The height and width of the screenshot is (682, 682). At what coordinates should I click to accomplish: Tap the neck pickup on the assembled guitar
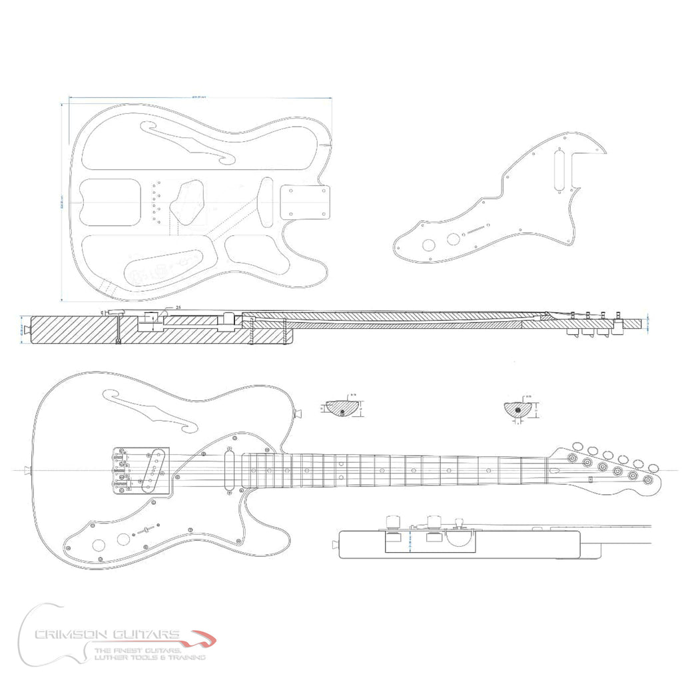(230, 469)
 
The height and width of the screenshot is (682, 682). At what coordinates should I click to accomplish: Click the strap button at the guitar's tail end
(26, 471)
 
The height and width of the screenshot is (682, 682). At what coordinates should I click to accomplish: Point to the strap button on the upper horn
(299, 412)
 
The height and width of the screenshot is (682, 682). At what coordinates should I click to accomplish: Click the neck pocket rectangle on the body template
(306, 201)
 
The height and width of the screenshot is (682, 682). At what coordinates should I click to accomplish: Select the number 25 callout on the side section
(178, 307)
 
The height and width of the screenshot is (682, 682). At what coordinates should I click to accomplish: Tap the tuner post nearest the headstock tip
(648, 479)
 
